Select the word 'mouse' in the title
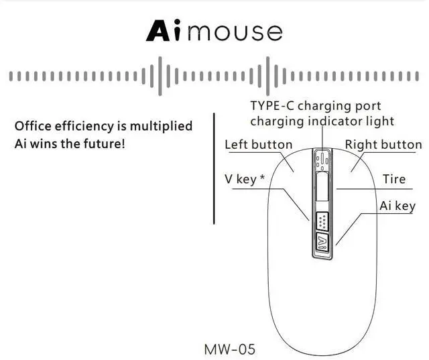pyautogui.click(x=235, y=32)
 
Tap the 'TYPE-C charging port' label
pyautogui.click(x=315, y=106)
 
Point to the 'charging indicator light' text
pyautogui.click(x=322, y=121)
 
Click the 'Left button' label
pyautogui.click(x=258, y=145)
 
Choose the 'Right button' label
pyautogui.click(x=383, y=145)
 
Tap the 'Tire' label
pyautogui.click(x=394, y=180)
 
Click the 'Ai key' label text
pyautogui.click(x=397, y=206)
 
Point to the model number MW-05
pyautogui.click(x=229, y=349)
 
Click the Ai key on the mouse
pyautogui.click(x=322, y=243)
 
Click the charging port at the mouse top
pyautogui.click(x=322, y=159)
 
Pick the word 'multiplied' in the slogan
pyautogui.click(x=161, y=126)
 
